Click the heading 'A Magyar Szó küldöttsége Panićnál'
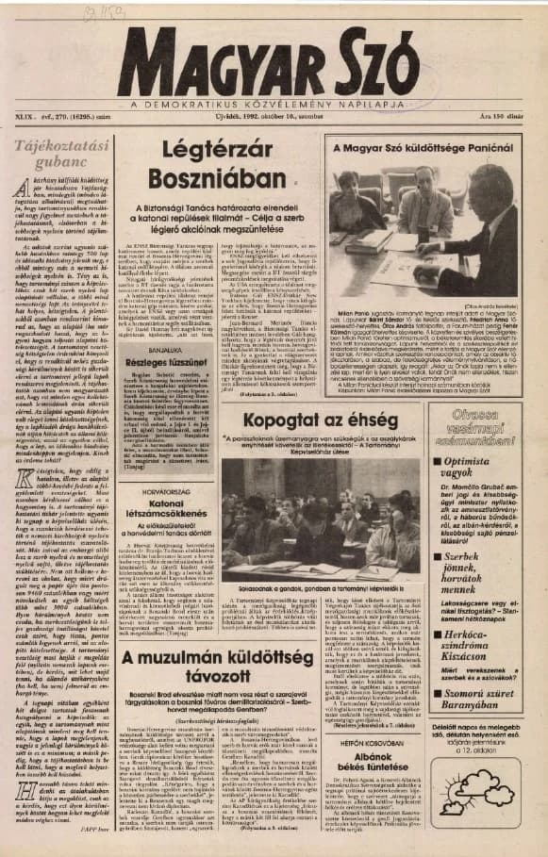427,150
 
